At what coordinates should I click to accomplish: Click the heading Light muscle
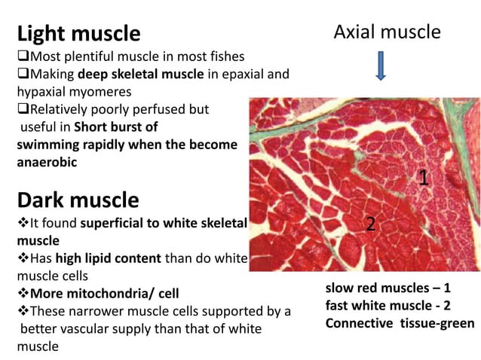tap(78, 34)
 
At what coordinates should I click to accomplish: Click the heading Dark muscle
tap(78, 200)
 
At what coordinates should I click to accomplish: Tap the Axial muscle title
tap(387, 32)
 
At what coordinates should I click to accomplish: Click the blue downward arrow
tap(381, 66)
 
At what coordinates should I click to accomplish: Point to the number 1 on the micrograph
tap(424, 178)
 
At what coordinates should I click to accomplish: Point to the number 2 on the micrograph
tap(370, 223)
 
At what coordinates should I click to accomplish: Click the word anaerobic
tap(48, 160)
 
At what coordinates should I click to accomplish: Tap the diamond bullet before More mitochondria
tap(22, 293)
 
